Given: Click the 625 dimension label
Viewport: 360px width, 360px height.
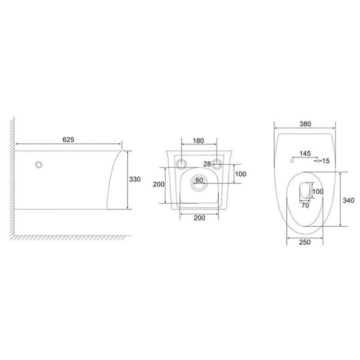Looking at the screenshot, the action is pos(68,139).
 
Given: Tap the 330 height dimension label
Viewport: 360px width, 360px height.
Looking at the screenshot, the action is pos(135,179).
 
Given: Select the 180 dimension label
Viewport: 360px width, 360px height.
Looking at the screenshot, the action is pos(198,140).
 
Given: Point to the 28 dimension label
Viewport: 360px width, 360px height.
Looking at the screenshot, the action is pos(207,164).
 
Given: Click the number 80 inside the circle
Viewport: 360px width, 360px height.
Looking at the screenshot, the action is pos(199,180).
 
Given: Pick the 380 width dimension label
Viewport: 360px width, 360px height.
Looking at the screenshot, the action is pos(306,124).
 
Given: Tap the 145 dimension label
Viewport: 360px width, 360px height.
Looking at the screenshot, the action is pos(305,153).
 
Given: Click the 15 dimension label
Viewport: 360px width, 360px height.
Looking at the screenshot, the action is pos(326,161).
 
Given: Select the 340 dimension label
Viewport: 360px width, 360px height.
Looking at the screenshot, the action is pos(348,200).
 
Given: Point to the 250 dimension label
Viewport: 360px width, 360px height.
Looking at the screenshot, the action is pos(305,242).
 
